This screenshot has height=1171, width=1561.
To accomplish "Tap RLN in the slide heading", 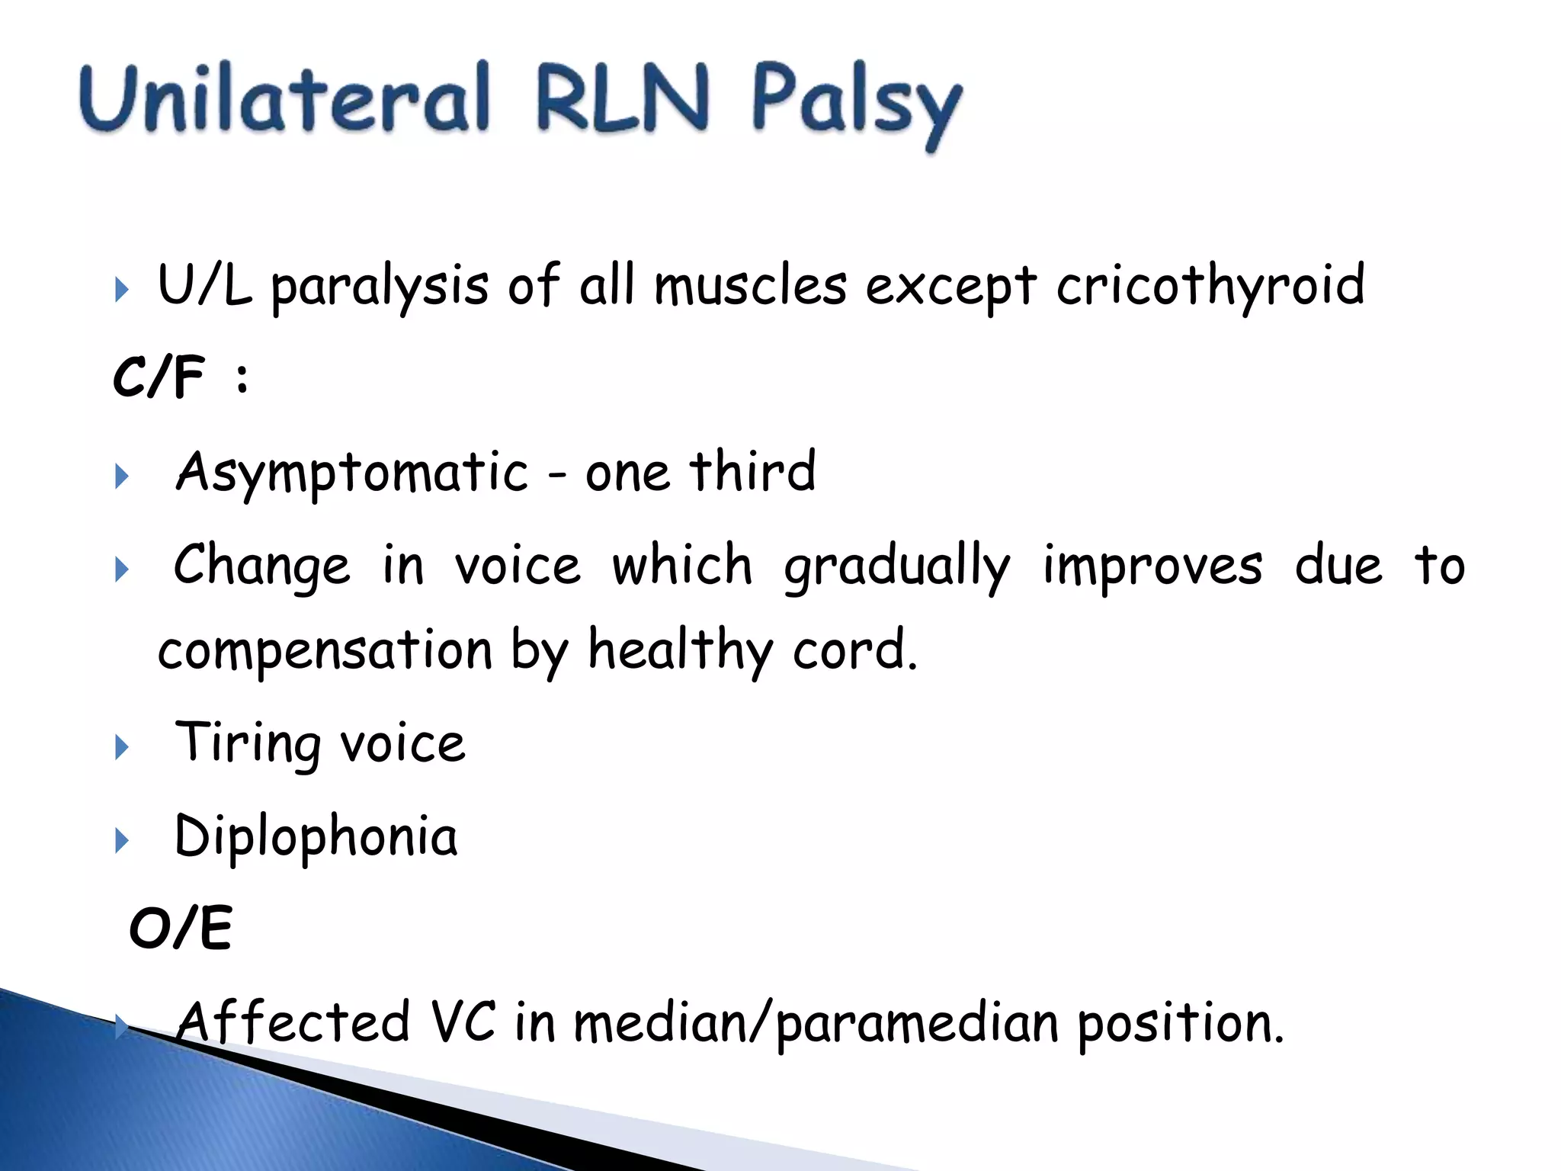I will [622, 100].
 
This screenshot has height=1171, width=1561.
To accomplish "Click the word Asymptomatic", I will [351, 473].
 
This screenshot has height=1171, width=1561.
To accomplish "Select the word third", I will [752, 470].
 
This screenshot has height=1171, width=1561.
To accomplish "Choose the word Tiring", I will [248, 743].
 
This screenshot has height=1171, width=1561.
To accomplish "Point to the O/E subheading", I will [181, 929].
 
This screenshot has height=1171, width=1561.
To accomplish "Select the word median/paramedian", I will [816, 1024].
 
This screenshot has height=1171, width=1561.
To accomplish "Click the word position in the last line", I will [1180, 1024].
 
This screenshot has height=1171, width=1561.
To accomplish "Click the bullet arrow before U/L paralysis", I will [121, 290].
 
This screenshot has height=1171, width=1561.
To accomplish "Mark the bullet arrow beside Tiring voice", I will [121, 747].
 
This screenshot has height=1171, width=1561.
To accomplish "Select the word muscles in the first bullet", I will [750, 286].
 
